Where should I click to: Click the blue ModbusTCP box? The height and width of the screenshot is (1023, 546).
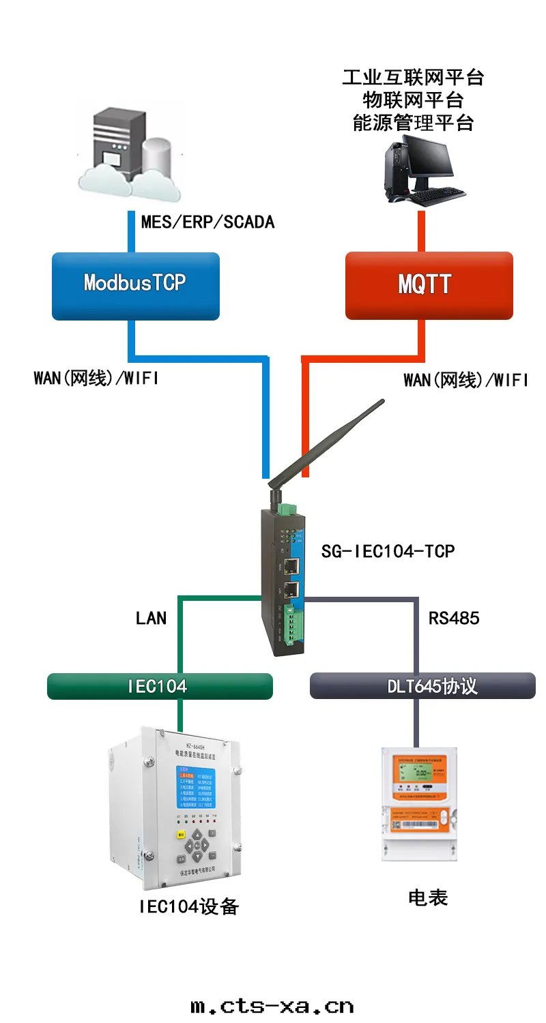[x=135, y=286]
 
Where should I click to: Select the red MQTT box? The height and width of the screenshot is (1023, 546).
[x=429, y=286]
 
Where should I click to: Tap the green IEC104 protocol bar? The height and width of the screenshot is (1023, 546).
[x=160, y=686]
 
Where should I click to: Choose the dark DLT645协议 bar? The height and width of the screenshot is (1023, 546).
[x=422, y=686]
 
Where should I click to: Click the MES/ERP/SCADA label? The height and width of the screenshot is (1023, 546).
[x=207, y=222]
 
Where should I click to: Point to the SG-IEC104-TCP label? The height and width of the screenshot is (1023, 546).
[x=388, y=551]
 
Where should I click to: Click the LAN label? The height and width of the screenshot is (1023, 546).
[x=151, y=618]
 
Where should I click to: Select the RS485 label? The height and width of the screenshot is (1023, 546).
[x=454, y=618]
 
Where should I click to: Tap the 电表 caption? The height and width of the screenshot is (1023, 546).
[x=428, y=898]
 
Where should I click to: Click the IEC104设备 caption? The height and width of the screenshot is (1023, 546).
[x=189, y=906]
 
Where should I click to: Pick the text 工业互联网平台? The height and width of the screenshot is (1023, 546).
[x=413, y=77]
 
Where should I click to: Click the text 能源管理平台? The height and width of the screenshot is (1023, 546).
[x=413, y=123]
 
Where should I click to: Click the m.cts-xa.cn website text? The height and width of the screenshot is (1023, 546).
[x=272, y=1006]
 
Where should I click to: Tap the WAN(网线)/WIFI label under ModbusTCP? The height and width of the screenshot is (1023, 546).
[x=96, y=379]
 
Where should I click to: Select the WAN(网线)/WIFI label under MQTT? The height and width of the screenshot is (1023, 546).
[x=465, y=381]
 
